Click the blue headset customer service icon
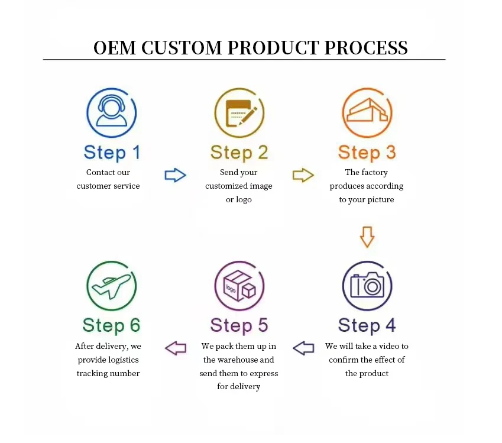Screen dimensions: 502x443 point(112,113)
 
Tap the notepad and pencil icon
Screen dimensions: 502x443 point(239,113)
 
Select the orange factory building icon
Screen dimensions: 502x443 point(367,113)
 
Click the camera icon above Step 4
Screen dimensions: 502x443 point(367,286)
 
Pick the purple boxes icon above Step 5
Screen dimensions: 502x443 point(239,286)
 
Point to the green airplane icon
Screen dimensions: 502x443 point(112,286)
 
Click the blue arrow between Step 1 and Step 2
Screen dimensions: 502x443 point(175,175)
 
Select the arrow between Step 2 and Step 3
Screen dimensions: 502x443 point(303,175)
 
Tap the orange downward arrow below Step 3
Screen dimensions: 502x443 point(367,237)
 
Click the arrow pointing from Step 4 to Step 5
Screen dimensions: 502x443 point(303,348)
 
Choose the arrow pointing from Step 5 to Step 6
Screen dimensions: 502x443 point(176,348)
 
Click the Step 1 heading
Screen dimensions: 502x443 point(112,153)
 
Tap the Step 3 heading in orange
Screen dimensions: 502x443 point(367,153)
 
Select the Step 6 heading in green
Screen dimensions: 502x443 point(112,325)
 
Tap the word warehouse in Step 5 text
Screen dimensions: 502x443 point(238,360)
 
